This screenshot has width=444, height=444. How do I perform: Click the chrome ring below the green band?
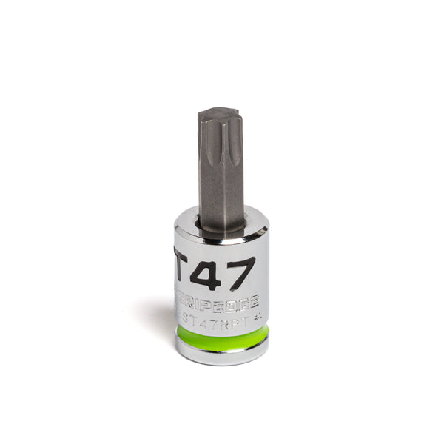tap(222, 354)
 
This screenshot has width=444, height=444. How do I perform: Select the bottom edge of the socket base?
tap(222, 363)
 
